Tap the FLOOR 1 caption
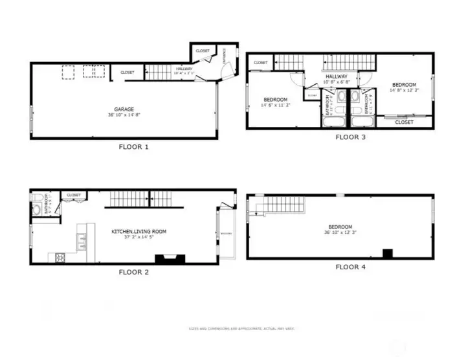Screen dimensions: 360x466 [x=134, y=147]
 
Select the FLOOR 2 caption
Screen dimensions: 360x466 [x=134, y=272]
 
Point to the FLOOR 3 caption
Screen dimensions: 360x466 [x=350, y=137]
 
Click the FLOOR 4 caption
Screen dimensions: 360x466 [x=350, y=267]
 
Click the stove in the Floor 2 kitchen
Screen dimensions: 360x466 [x=61, y=257]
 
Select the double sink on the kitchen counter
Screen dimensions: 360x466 [x=82, y=243]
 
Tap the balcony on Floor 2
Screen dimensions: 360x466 [x=227, y=233]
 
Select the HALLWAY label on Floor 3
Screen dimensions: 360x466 [x=337, y=76]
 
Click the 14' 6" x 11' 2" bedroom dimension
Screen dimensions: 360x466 [x=275, y=105]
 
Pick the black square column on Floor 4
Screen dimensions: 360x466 [x=388, y=253]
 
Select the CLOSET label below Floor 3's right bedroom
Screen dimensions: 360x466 [x=404, y=122]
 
